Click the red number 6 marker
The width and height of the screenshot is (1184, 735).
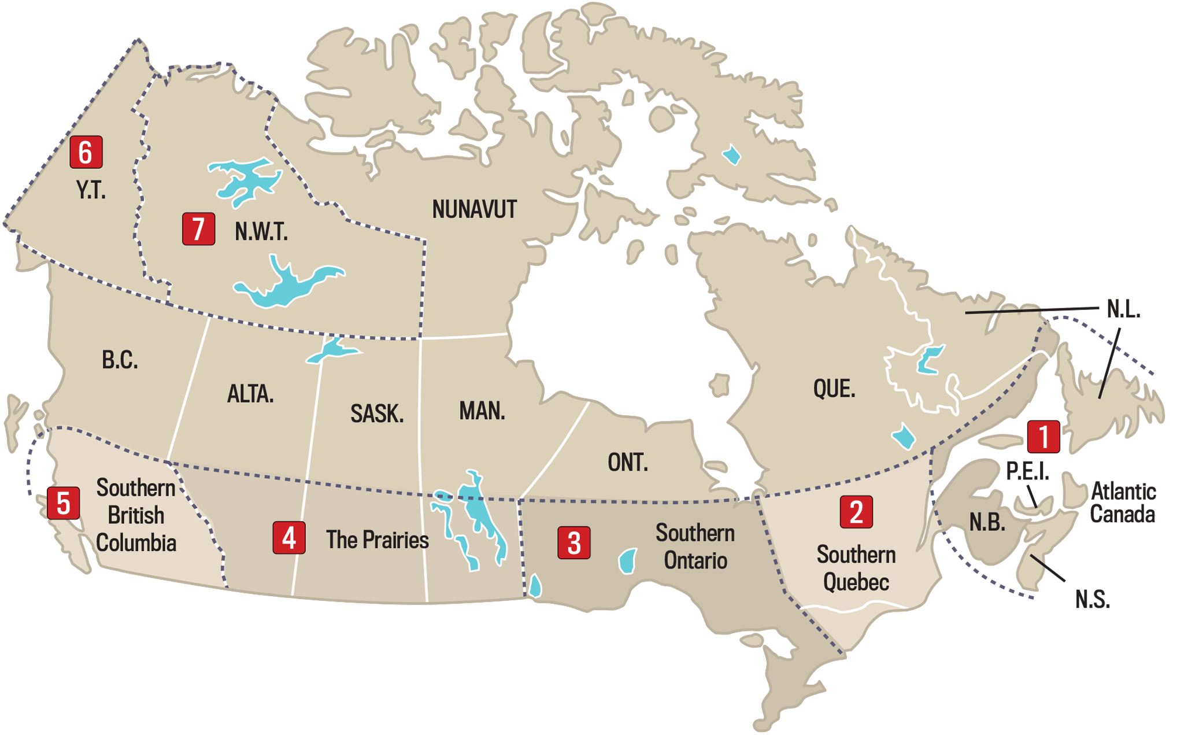point(86,152)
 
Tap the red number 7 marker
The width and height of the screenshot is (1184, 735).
point(198,229)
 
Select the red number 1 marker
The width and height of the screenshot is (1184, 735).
point(1043,437)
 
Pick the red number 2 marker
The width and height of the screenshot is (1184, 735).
point(856,512)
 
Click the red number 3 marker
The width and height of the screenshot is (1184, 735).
point(573,542)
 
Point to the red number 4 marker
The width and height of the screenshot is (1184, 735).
point(289,538)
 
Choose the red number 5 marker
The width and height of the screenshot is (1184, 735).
point(64,503)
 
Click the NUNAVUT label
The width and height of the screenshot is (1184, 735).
point(474,209)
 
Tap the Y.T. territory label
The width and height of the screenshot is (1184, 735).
point(91,190)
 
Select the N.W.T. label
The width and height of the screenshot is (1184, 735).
point(261,232)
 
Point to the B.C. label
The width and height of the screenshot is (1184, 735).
point(120,360)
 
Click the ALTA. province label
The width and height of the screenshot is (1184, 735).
point(250,394)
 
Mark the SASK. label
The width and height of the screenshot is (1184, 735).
point(377,413)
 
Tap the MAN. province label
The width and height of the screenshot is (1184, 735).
point(482,411)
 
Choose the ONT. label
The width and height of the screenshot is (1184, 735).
point(628,463)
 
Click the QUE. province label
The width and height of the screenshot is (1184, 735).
point(834,389)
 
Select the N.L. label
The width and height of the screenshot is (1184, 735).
point(1123,310)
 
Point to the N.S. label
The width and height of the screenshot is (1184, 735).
point(1092,600)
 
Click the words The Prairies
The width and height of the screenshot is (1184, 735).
point(377,540)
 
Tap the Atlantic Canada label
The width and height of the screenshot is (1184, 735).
point(1123,503)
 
